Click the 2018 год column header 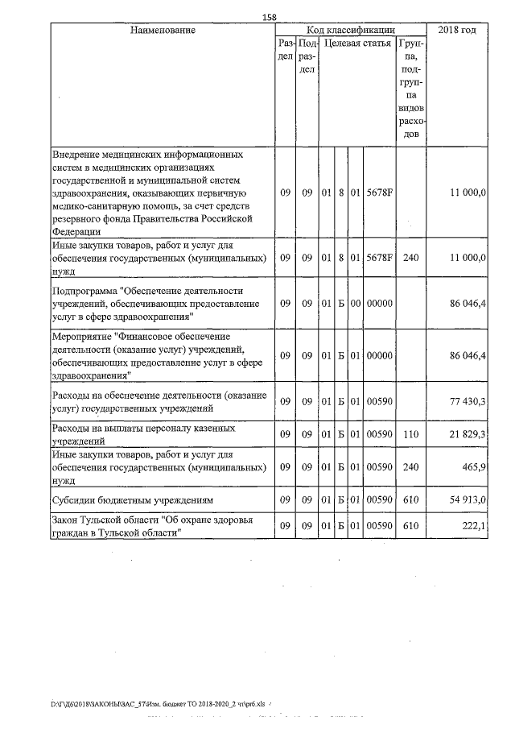click(x=457, y=30)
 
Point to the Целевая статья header click(x=356, y=43)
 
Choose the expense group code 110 click(x=411, y=434)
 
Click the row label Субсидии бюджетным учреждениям click(x=132, y=499)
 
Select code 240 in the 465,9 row click(x=411, y=466)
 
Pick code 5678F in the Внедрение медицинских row click(x=378, y=194)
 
